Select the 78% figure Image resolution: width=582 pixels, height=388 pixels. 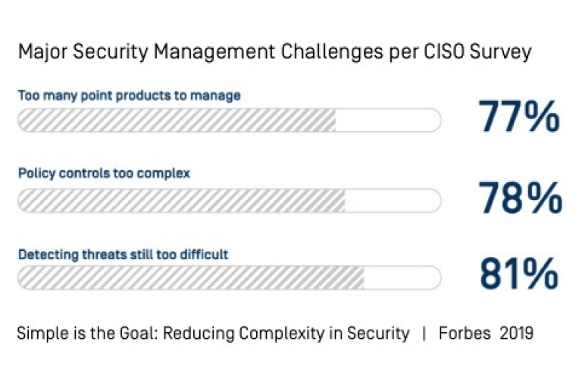521,198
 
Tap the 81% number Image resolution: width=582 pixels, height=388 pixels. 519,274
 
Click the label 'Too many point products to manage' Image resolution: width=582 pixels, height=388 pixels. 129,95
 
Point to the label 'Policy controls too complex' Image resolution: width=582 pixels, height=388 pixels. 104,173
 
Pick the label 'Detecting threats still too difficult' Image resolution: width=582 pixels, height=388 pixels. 123,254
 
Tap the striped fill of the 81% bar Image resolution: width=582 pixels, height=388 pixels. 189,278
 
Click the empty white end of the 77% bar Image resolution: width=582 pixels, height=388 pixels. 388,120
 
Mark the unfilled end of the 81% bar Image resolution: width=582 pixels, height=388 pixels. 402,278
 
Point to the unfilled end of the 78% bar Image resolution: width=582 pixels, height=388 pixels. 393,200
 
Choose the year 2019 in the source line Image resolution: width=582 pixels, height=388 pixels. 516,333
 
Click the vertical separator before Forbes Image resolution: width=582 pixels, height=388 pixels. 424,333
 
